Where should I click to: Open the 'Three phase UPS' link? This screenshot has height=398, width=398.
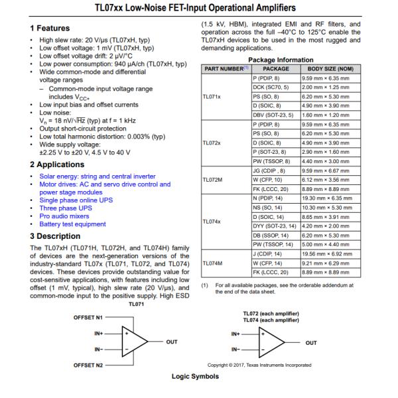pyautogui.click(x=66, y=208)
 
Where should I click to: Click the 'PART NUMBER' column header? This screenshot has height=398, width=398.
pyautogui.click(x=225, y=68)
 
